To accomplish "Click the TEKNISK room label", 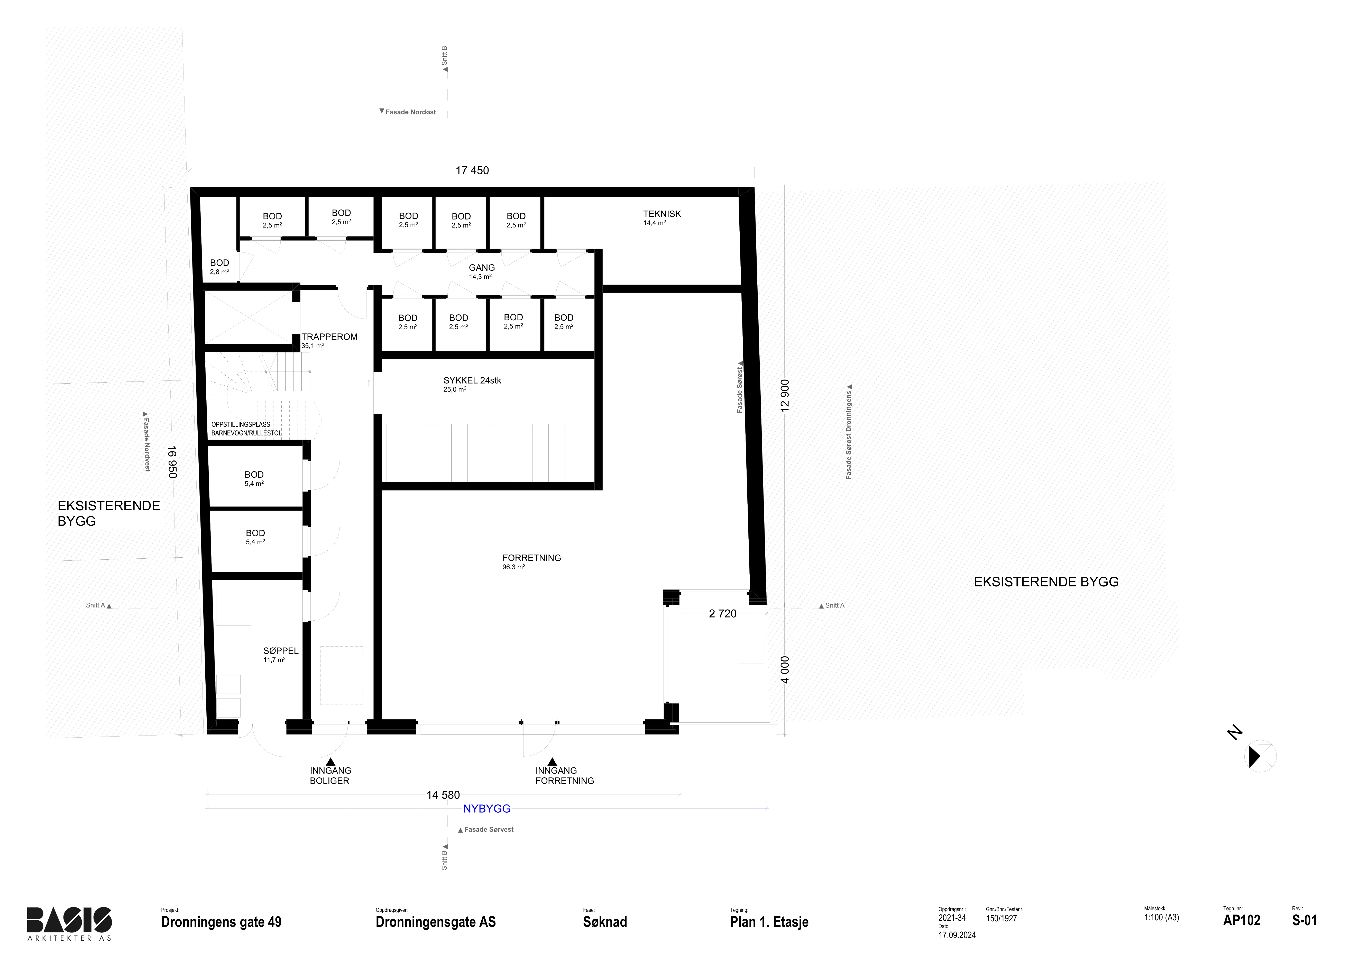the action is click(x=662, y=214).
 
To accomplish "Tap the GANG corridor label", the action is click(x=482, y=268).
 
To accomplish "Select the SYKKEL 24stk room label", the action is click(x=472, y=380).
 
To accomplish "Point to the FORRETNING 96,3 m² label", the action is click(x=531, y=561).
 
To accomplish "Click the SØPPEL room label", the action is click(x=281, y=650).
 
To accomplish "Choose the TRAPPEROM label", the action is click(x=329, y=337).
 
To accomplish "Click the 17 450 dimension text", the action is click(x=472, y=171).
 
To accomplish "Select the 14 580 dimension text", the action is click(x=443, y=795).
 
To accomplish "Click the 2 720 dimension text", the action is click(x=723, y=614).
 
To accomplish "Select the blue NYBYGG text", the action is click(x=487, y=809).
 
